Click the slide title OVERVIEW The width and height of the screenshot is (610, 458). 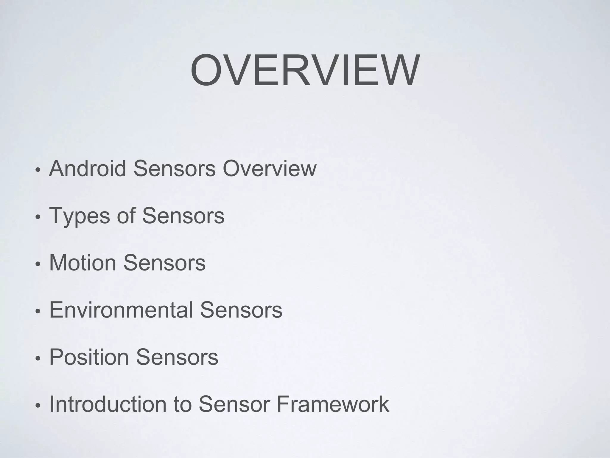[x=305, y=70]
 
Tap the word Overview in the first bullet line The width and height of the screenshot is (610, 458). [x=270, y=169]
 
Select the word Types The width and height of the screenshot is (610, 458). [x=80, y=216]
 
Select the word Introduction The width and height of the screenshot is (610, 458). [x=108, y=404]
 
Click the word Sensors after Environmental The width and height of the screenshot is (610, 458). [x=241, y=310]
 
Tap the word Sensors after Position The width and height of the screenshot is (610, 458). [x=177, y=357]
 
